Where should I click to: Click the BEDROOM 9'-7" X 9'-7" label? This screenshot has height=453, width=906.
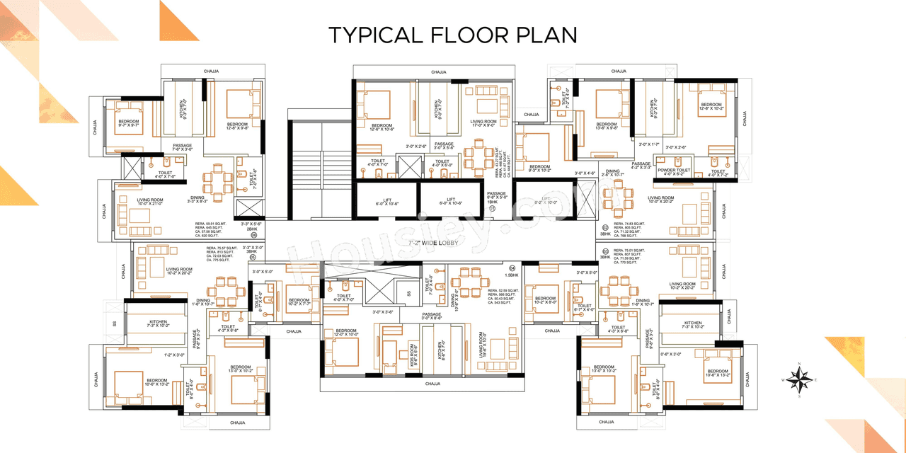129,123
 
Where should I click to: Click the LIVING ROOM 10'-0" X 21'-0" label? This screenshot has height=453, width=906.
150,202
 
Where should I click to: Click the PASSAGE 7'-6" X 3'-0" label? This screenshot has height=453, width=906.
183,148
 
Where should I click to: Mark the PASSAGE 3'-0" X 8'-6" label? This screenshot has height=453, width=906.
432,316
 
